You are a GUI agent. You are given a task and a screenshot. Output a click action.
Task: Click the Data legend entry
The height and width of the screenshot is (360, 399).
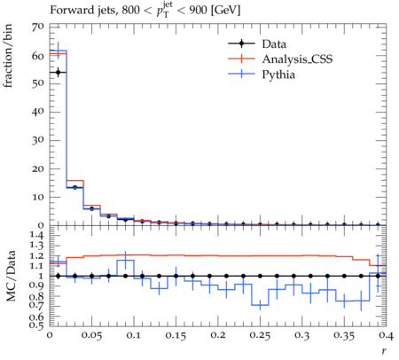click(257, 44)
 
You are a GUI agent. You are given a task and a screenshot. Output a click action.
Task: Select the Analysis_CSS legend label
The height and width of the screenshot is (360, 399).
click(297, 59)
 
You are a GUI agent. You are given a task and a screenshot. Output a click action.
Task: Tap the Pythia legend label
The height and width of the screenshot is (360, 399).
click(278, 74)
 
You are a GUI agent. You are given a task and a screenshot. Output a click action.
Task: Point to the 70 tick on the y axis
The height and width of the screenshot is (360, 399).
click(37, 27)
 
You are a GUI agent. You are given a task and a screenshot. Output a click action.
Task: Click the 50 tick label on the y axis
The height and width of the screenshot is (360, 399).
click(37, 83)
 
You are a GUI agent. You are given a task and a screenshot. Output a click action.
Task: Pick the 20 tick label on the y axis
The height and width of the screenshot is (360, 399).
click(37, 169)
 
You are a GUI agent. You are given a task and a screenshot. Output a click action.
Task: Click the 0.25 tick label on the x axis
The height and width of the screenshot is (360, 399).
click(260, 335)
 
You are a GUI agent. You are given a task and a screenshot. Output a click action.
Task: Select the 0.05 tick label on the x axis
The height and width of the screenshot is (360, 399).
click(91, 335)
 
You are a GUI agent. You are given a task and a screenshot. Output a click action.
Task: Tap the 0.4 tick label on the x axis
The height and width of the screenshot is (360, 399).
click(386, 335)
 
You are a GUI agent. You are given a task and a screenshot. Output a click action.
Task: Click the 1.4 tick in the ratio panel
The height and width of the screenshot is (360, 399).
click(37, 236)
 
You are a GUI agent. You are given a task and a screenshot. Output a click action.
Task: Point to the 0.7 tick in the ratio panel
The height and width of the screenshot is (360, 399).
click(36, 305)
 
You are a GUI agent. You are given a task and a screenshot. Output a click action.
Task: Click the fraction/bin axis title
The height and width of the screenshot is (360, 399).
click(8, 56)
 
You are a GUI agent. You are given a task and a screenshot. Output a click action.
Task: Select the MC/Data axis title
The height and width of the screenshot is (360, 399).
click(11, 276)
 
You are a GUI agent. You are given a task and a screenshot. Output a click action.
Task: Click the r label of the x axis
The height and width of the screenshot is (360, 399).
click(384, 351)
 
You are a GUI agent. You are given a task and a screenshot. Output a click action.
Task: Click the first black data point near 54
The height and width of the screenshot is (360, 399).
click(58, 73)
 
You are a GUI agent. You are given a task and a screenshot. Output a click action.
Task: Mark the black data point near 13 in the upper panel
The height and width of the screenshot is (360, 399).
click(74, 187)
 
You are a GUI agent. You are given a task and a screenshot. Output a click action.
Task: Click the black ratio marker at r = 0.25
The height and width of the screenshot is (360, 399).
click(260, 276)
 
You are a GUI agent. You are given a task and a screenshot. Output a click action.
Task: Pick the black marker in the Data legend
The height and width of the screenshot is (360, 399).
click(241, 44)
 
